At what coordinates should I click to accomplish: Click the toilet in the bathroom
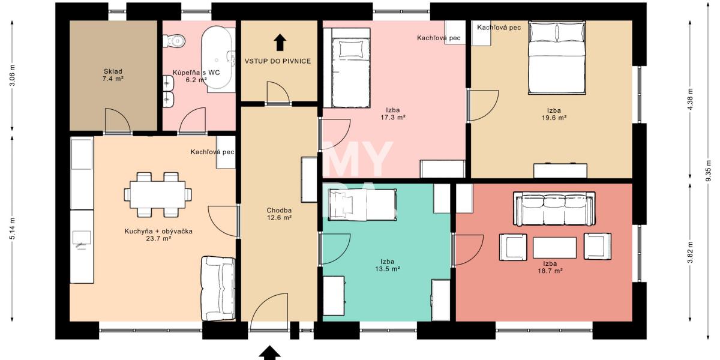174,40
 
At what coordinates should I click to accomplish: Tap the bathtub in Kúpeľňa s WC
218,58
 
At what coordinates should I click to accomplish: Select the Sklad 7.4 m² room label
113,75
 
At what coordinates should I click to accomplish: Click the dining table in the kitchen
158,194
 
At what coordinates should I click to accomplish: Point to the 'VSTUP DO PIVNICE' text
277,61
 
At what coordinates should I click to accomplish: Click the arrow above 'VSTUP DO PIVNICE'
280,42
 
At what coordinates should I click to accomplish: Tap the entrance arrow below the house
270,353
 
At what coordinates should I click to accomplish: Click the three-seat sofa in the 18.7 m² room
554,209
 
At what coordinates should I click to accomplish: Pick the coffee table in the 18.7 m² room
554,247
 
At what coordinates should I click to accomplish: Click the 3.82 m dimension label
691,253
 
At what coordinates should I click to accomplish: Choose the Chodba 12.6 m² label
279,214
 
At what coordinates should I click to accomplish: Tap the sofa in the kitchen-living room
218,288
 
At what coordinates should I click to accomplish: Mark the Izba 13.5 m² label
387,265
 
